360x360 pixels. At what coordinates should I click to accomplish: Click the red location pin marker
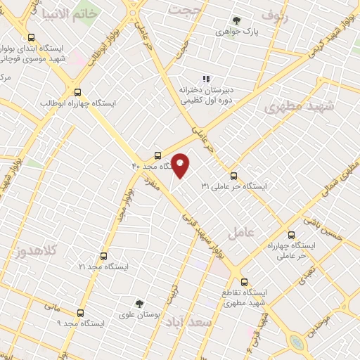point(181,165)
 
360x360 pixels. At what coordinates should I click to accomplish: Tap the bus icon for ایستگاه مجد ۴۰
point(158,155)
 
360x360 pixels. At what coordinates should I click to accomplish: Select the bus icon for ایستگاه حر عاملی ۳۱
point(234,176)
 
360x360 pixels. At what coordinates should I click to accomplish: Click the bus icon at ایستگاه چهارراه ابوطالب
point(77,92)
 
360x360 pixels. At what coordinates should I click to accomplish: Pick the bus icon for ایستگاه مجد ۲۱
point(104,257)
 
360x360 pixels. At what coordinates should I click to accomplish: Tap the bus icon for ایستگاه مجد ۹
point(80,313)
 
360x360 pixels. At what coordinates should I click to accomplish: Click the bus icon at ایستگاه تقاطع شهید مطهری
point(244,280)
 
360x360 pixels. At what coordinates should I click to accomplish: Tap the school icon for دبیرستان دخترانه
point(206,79)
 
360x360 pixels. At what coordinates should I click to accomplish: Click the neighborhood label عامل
point(248,231)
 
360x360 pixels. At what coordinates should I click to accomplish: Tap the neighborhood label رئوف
point(274,14)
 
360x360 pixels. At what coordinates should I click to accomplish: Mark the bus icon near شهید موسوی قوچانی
point(30,38)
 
